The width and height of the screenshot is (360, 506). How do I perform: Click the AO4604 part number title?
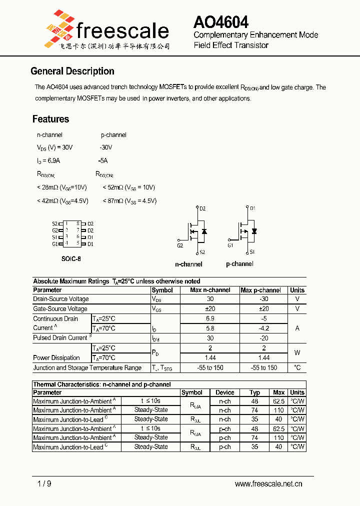(x=220, y=22)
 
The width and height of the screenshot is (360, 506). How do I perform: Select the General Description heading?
(x=72, y=71)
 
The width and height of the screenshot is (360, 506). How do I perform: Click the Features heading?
(x=50, y=119)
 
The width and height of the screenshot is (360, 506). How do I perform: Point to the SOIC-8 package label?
(x=71, y=259)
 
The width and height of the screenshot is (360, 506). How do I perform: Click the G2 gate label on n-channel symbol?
(x=180, y=245)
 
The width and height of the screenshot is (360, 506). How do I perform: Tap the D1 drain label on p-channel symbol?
(x=252, y=208)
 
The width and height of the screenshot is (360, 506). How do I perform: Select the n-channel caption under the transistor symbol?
(x=188, y=264)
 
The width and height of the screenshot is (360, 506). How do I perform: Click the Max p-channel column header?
(x=260, y=290)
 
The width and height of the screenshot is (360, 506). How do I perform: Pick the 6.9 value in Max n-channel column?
(x=210, y=318)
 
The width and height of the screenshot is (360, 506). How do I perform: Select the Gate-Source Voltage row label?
(x=60, y=309)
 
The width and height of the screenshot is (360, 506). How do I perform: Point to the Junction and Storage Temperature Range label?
(x=87, y=368)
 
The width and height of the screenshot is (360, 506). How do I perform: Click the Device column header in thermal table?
(x=225, y=392)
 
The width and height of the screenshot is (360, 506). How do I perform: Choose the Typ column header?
(x=255, y=392)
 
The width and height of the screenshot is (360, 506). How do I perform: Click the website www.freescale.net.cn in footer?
(x=268, y=483)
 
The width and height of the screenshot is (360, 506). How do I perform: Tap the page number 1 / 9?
(x=44, y=483)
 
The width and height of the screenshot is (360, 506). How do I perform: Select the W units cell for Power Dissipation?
(x=297, y=352)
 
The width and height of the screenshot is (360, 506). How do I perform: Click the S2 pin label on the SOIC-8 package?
(x=54, y=224)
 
